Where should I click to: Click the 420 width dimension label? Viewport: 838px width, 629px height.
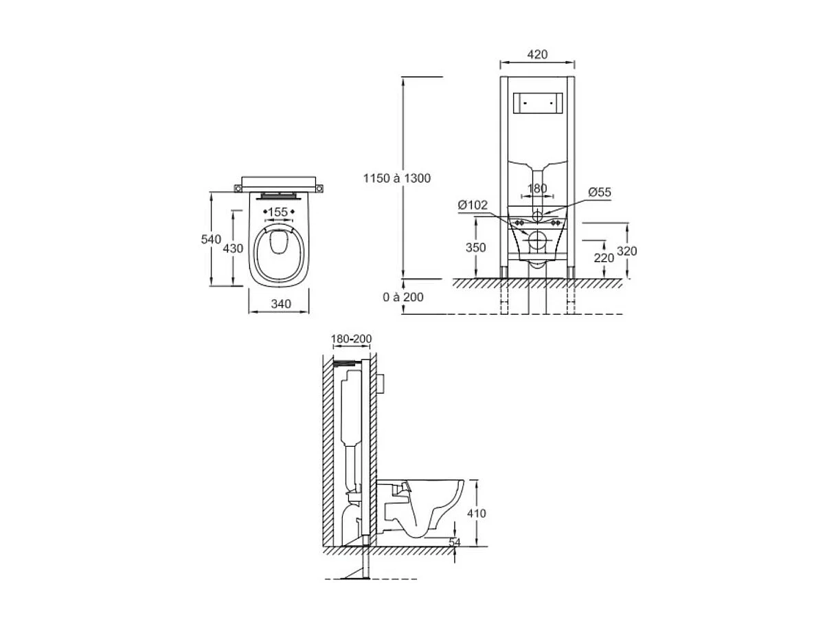point(537,54)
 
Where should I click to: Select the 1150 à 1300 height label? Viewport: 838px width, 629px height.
point(397,178)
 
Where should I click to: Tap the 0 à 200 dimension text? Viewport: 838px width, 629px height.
point(403,297)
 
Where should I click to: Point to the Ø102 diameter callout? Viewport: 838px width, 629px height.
point(473,205)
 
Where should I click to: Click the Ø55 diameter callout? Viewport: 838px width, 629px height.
point(599,193)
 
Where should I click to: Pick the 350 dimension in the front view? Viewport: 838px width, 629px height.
point(475,247)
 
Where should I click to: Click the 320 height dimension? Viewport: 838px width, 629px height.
point(626,251)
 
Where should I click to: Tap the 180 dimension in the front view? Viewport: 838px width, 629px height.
point(537,188)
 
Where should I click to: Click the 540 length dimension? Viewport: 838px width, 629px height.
point(210,239)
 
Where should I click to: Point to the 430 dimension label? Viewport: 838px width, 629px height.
point(233,248)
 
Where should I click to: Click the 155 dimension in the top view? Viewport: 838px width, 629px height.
point(278,212)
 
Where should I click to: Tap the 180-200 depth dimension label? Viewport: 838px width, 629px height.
point(351,339)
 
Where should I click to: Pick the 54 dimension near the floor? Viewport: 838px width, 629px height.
point(455,542)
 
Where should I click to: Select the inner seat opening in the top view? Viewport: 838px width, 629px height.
point(278,243)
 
